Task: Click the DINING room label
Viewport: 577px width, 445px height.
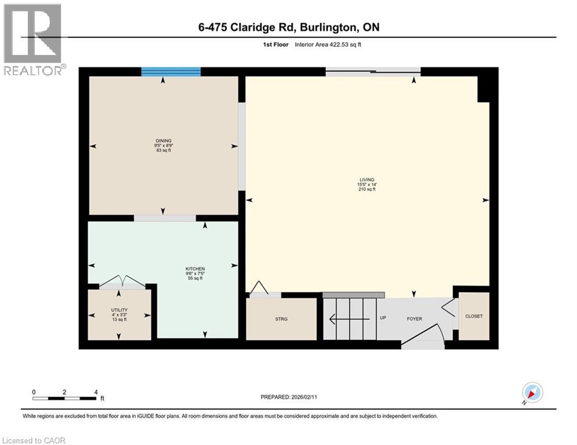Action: pyautogui.click(x=162, y=140)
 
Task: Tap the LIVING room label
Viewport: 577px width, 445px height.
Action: pyautogui.click(x=366, y=180)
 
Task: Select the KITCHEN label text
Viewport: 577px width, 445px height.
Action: pyautogui.click(x=195, y=269)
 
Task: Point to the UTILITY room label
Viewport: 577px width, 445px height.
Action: pyautogui.click(x=119, y=310)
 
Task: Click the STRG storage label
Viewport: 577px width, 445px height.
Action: pyautogui.click(x=281, y=319)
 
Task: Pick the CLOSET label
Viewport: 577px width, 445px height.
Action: pyautogui.click(x=473, y=316)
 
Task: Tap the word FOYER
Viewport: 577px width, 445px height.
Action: pyautogui.click(x=414, y=319)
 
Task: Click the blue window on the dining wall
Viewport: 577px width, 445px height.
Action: pyautogui.click(x=171, y=72)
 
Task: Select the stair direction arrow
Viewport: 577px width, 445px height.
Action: pyautogui.click(x=349, y=318)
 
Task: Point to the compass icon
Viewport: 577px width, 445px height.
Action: pyautogui.click(x=532, y=392)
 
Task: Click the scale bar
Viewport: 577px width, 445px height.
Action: pyautogui.click(x=65, y=398)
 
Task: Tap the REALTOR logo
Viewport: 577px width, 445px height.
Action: pyautogui.click(x=33, y=39)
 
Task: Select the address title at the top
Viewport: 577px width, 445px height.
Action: pyautogui.click(x=288, y=27)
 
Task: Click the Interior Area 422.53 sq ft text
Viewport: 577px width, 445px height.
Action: pyautogui.click(x=328, y=45)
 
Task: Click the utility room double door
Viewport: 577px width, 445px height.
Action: pyautogui.click(x=122, y=283)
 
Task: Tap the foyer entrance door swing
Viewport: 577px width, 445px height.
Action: pyautogui.click(x=423, y=336)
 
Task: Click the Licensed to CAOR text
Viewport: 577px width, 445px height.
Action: pyautogui.click(x=34, y=440)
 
